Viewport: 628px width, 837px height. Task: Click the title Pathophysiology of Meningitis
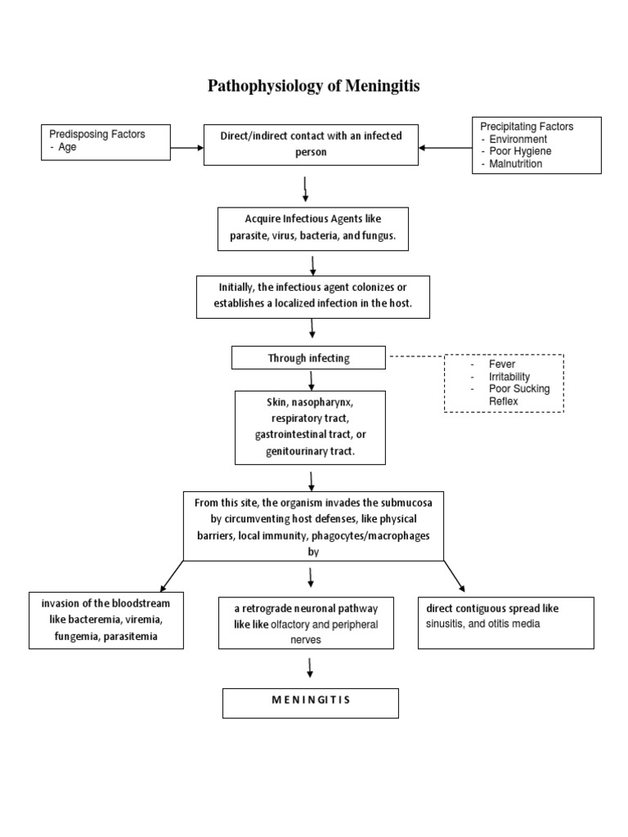point(314,86)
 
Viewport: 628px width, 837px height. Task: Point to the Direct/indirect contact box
point(311,144)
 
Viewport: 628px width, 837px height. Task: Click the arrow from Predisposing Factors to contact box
point(187,148)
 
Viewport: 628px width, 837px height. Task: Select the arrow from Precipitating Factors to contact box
point(446,148)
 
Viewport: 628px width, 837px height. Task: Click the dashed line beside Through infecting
point(415,357)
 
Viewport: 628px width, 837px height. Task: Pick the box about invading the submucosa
point(314,526)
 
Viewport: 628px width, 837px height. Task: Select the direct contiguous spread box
point(505,620)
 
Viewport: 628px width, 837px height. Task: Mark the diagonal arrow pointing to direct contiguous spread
point(454,575)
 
